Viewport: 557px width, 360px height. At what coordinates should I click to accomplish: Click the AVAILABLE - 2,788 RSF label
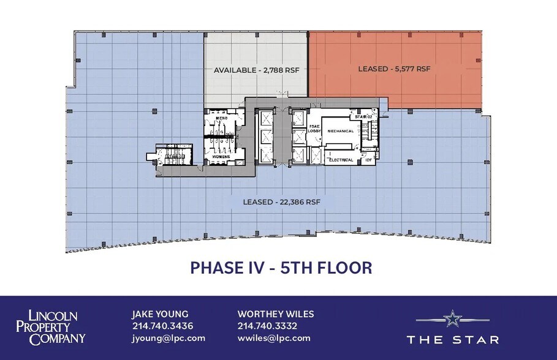256,70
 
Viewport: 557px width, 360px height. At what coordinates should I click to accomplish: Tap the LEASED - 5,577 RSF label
394,69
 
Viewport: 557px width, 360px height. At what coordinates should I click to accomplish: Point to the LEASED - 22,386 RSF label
282,202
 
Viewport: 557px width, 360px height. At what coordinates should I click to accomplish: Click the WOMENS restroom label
221,157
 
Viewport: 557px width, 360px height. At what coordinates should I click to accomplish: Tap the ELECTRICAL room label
341,160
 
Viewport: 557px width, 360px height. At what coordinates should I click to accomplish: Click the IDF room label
368,160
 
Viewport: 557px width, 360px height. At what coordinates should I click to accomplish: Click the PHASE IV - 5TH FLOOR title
281,268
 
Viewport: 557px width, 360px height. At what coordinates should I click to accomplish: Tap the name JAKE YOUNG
160,314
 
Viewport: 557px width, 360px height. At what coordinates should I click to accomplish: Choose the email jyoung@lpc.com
169,338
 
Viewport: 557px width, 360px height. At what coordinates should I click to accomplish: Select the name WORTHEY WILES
276,314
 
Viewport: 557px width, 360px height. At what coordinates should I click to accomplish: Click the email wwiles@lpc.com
274,338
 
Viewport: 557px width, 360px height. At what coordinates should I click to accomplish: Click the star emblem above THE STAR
452,318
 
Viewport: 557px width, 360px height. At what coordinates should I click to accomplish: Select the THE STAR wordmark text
452,339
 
